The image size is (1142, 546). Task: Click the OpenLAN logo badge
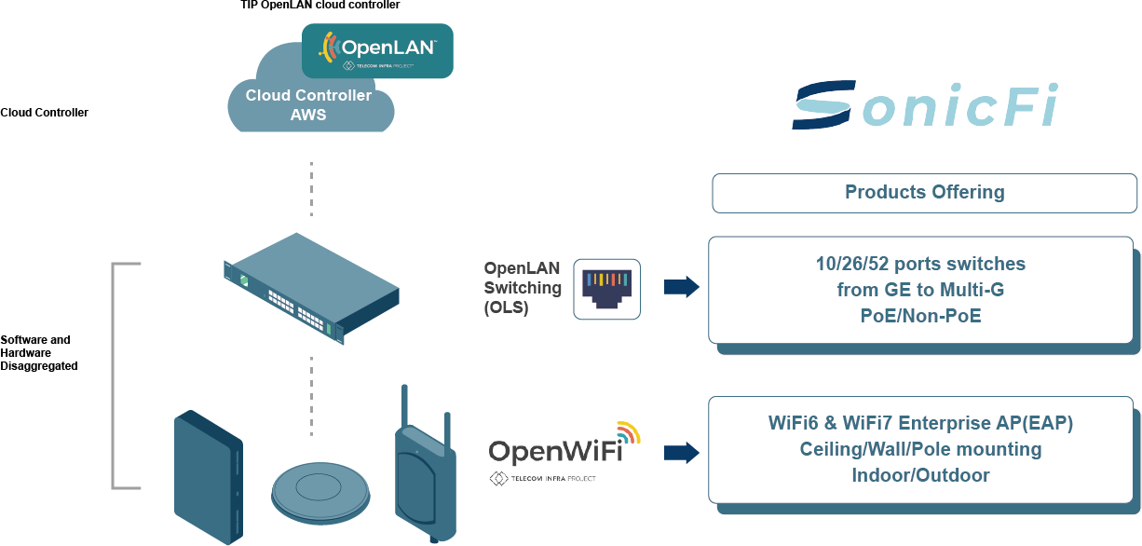pos(377,50)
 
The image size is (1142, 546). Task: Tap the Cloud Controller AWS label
pos(308,105)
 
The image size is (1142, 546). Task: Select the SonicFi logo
pos(925,105)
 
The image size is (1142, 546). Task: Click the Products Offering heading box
pos(924,193)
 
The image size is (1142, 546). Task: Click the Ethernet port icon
pos(606,289)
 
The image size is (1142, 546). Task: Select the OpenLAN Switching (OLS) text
pos(522,288)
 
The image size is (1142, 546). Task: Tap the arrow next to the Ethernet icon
pos(681,287)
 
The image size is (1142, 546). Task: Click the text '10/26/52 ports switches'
pos(920,264)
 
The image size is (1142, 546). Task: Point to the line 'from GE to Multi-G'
pos(920,290)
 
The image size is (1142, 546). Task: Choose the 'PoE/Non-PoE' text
pos(920,316)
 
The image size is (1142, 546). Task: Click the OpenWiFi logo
pos(564,451)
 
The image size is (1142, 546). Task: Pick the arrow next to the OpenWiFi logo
pos(681,453)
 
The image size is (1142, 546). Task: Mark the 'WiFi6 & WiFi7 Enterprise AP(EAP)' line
pos(920,423)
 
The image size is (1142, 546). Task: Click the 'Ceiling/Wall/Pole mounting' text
pos(920,449)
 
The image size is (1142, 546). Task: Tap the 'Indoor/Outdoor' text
pos(920,475)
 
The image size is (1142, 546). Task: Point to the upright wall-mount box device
pos(209,477)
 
